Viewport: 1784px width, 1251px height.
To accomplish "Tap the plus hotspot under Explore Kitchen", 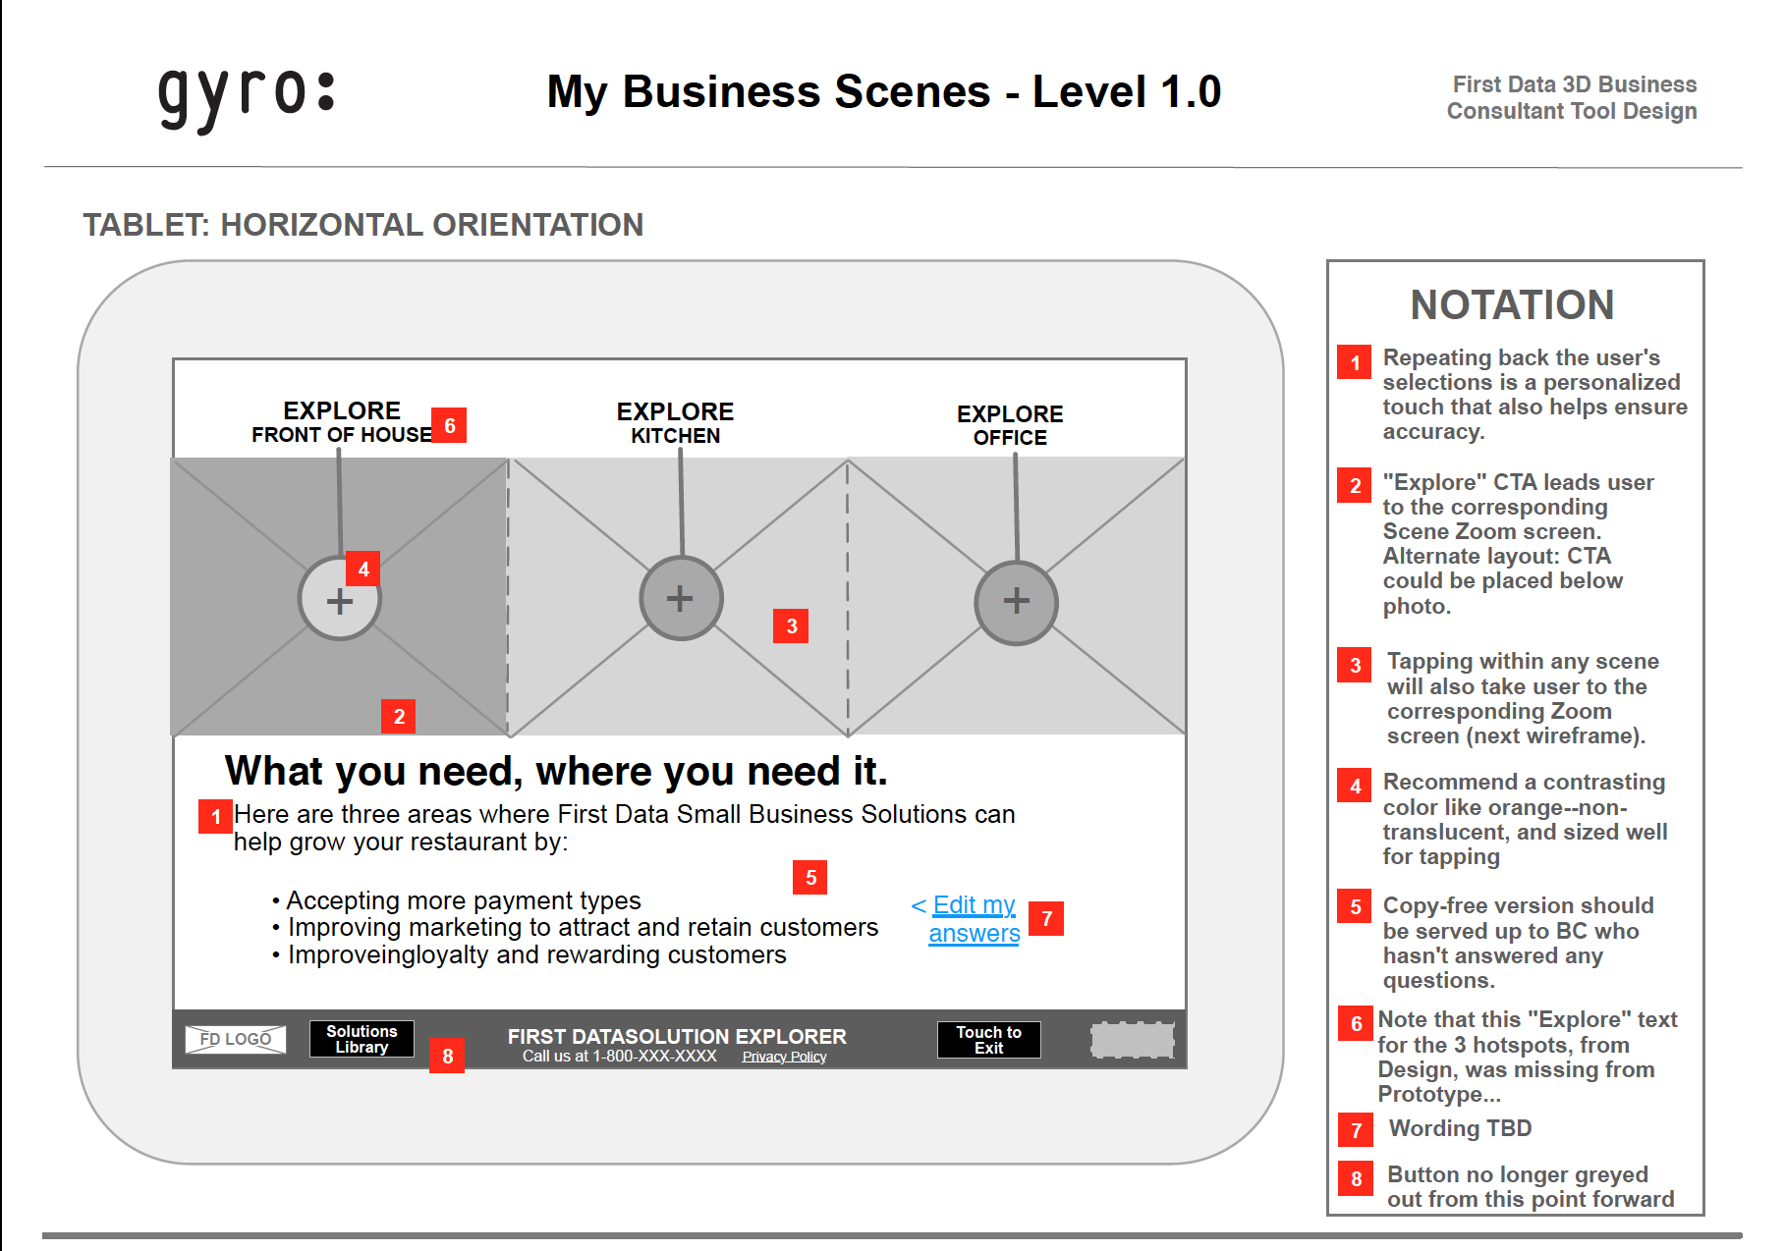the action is tap(681, 598).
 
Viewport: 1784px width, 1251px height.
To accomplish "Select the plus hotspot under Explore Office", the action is tap(1016, 602).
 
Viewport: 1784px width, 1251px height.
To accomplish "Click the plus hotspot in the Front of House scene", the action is tap(340, 599).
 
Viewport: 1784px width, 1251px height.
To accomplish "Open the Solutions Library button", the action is tap(362, 1039).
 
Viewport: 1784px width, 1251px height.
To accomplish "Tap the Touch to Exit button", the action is tap(989, 1040).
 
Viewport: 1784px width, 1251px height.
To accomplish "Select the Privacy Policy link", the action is tap(784, 1057).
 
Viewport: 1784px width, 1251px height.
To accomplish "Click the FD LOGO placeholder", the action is tap(236, 1039).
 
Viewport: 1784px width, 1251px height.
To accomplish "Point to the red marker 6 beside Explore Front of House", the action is tap(449, 425).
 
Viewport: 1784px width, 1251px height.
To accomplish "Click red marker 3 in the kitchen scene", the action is tap(791, 625).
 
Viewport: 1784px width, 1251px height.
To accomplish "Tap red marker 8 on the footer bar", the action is tap(447, 1056).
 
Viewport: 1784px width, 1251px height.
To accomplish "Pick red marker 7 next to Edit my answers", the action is tap(1046, 918).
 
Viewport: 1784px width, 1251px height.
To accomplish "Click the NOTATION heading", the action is tap(1512, 305).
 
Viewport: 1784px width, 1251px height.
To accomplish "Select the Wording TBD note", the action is tap(1460, 1128).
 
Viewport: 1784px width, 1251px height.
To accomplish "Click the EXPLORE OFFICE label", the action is tap(1010, 425).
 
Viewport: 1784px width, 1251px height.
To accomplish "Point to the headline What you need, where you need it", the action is tap(556, 772).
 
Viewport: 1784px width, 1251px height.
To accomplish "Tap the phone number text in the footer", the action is tap(620, 1057).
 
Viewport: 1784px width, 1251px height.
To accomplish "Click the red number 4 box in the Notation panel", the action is tap(1355, 786).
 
